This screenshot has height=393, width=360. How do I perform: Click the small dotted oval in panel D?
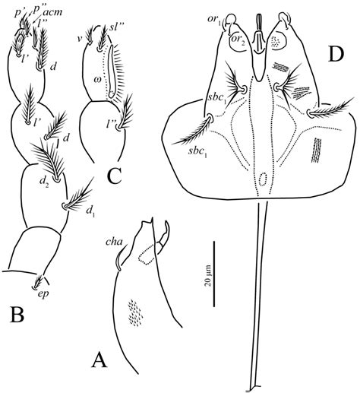pos(263,180)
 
